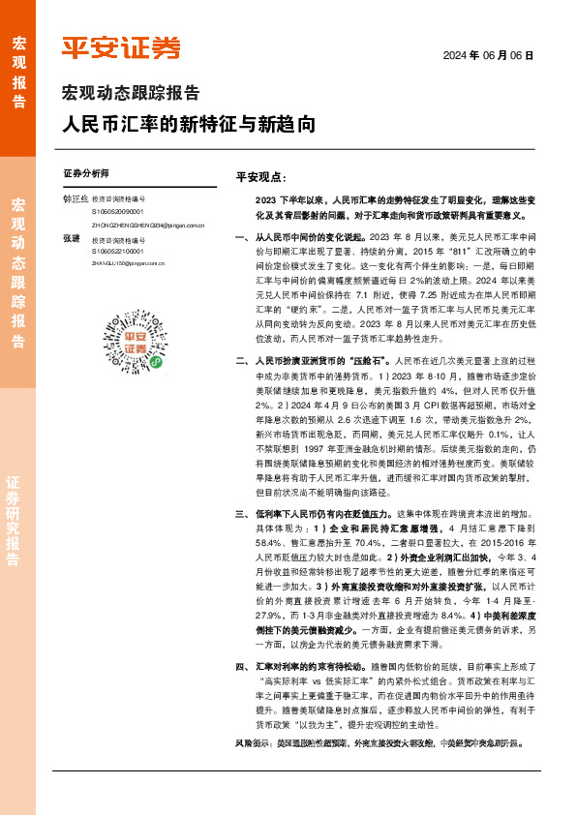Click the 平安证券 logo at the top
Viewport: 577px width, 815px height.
click(120, 48)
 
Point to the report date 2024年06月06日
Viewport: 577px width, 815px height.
click(488, 56)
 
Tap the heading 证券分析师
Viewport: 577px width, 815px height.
click(85, 174)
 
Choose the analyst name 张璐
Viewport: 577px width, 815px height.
click(71, 238)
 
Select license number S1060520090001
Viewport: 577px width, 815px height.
click(118, 211)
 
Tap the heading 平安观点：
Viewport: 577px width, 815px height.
click(261, 177)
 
